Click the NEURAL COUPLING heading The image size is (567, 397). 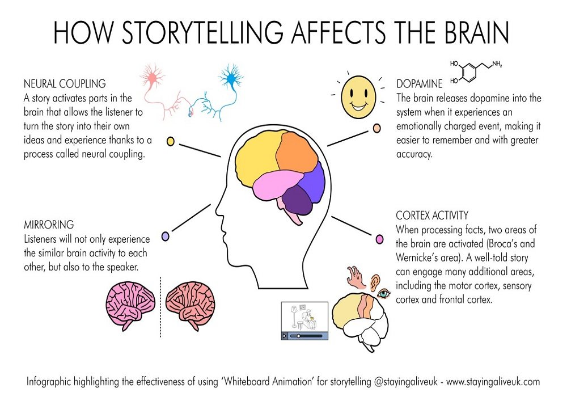[x=65, y=84]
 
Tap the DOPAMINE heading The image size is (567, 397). [x=419, y=84]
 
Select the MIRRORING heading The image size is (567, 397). [x=49, y=225]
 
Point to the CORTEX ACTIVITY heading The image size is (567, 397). [x=432, y=216]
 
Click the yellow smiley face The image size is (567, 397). [x=358, y=97]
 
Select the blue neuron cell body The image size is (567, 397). [x=230, y=78]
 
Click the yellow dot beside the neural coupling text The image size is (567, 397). [x=170, y=141]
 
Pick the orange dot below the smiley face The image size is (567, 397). [x=377, y=128]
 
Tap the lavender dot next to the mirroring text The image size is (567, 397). [x=165, y=236]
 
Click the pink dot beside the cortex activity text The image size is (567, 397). [x=379, y=239]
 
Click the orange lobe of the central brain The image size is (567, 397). [x=297, y=152]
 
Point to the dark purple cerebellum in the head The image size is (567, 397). [x=297, y=200]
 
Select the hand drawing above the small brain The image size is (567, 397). [x=357, y=277]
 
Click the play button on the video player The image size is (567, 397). [x=285, y=336]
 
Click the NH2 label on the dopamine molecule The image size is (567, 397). [x=497, y=64]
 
